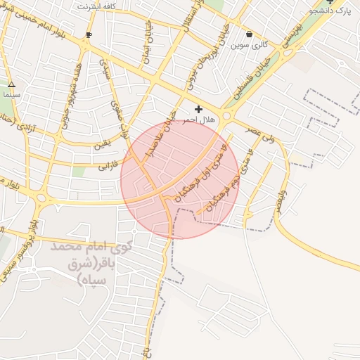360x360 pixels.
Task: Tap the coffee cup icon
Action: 89,34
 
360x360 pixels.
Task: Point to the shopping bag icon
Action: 250,34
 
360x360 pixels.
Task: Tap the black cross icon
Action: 199,109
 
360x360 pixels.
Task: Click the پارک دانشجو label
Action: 333,11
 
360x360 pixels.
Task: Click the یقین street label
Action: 103,145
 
